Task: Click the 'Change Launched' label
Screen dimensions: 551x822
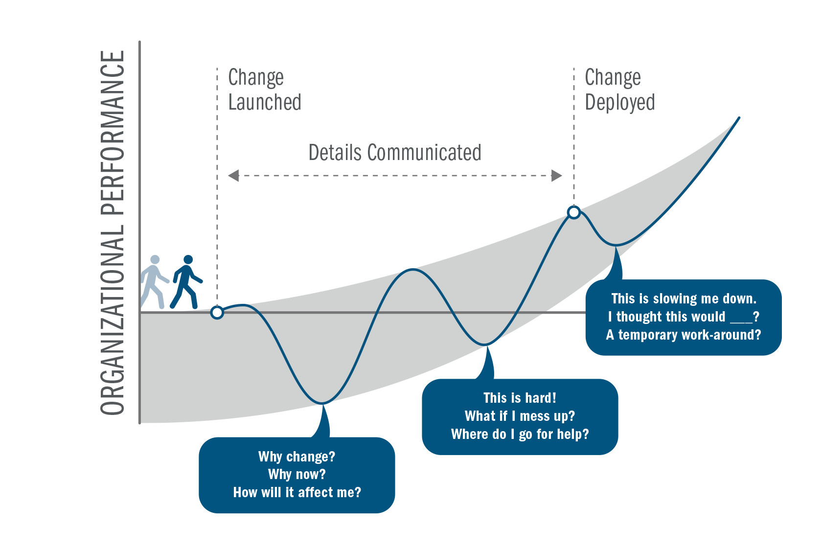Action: click(x=264, y=90)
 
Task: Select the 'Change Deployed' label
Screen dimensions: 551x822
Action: click(x=619, y=90)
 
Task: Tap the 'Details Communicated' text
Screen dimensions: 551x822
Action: click(x=394, y=153)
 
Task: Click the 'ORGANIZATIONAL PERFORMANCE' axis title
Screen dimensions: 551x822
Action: click(x=113, y=233)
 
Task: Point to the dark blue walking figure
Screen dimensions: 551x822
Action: click(x=186, y=282)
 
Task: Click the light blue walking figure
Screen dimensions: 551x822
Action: click(x=154, y=282)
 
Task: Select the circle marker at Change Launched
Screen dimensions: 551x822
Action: click(x=217, y=312)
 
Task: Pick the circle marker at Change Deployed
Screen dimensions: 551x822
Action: click(x=574, y=212)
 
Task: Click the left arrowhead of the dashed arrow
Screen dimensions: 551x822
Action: click(x=234, y=176)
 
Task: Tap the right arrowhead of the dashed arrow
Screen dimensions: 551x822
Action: click(x=556, y=176)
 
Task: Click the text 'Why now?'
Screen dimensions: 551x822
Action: click(x=297, y=474)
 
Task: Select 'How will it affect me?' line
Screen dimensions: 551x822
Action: click(x=297, y=492)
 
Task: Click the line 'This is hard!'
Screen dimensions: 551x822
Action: click(x=520, y=398)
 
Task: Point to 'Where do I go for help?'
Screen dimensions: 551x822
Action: click(x=520, y=434)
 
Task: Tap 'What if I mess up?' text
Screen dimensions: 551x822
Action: click(x=520, y=416)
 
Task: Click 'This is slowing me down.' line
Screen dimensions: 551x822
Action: click(x=684, y=298)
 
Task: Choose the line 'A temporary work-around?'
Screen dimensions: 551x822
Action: click(x=684, y=335)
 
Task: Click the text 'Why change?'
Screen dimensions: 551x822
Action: click(x=297, y=457)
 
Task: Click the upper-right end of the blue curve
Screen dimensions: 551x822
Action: click(x=738, y=118)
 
